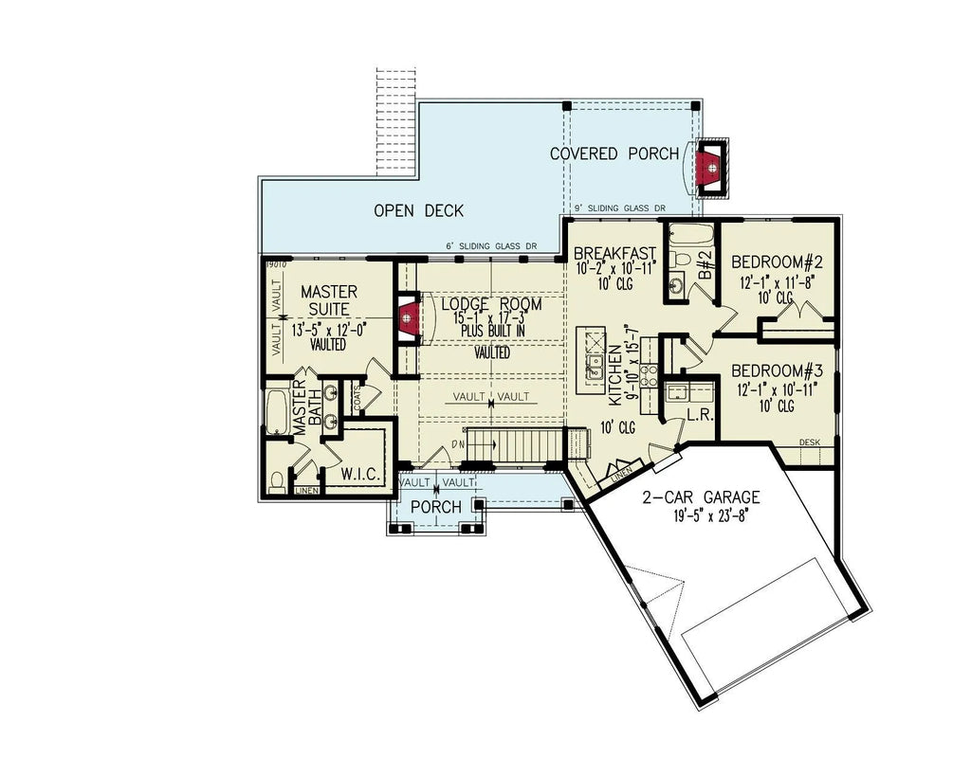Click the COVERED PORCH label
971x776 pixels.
click(x=614, y=153)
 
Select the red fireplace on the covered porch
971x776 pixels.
click(x=707, y=168)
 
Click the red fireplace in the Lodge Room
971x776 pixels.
click(x=407, y=319)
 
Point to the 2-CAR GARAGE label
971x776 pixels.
click(x=700, y=497)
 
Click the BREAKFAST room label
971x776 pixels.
click(x=615, y=253)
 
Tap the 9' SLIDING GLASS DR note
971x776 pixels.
click(x=621, y=208)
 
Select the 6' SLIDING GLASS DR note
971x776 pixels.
click(x=490, y=246)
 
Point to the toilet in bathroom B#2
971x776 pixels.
click(x=679, y=255)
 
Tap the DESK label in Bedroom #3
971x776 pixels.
click(x=809, y=442)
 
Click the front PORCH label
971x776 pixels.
click(x=435, y=508)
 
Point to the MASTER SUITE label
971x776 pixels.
click(x=328, y=300)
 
